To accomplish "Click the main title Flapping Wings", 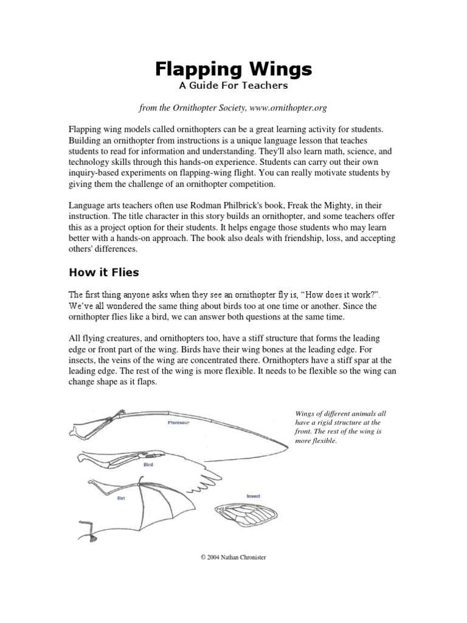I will click(x=233, y=69).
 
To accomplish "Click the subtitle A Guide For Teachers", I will click(x=233, y=86).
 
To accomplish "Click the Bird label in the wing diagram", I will click(x=148, y=464).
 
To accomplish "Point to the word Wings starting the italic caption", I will click(x=303, y=413).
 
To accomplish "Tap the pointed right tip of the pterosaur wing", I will click(x=288, y=449).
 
